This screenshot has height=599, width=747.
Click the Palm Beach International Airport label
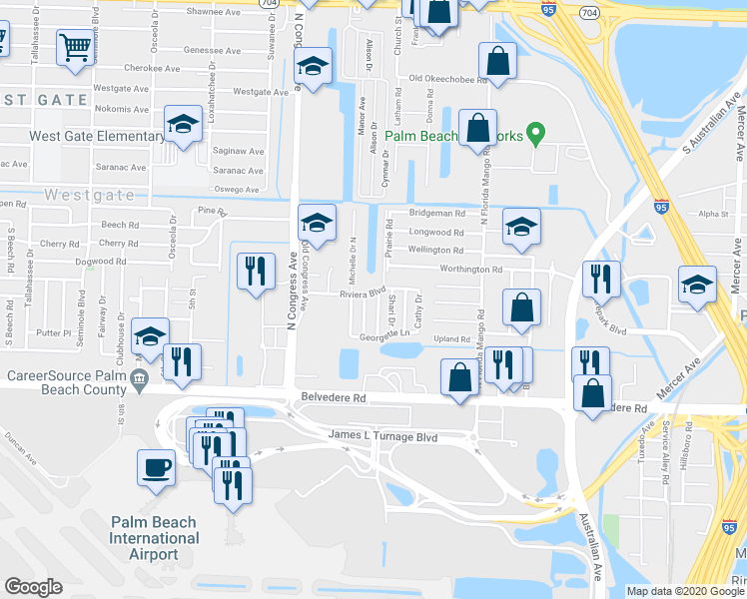click(154, 538)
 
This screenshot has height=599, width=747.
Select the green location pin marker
click(535, 132)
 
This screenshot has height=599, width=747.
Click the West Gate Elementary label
click(97, 137)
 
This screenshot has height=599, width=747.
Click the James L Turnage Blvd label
click(383, 436)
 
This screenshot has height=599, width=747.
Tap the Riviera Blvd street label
click(363, 294)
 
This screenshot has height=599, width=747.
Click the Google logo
click(33, 587)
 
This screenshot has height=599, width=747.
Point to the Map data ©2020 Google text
click(684, 591)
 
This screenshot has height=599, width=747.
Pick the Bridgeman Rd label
click(437, 214)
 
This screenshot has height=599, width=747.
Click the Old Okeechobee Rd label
click(444, 79)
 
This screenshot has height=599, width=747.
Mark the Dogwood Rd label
click(107, 262)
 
